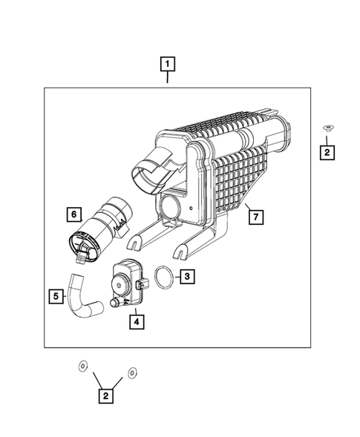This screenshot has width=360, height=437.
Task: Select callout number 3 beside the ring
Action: pos(187,277)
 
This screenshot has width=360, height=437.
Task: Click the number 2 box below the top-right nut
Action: pos(327,153)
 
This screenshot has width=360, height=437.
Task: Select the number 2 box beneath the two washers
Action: pos(106,396)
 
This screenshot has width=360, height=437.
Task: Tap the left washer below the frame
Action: pos(82,366)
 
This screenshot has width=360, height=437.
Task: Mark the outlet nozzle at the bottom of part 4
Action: pos(115,303)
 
